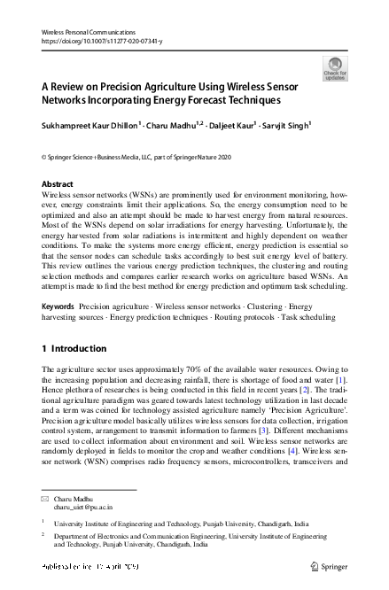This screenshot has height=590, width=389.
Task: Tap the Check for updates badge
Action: click(x=335, y=68)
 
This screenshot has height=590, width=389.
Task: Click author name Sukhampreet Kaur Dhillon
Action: click(x=95, y=126)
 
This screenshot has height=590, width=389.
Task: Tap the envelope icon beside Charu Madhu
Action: click(x=45, y=499)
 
